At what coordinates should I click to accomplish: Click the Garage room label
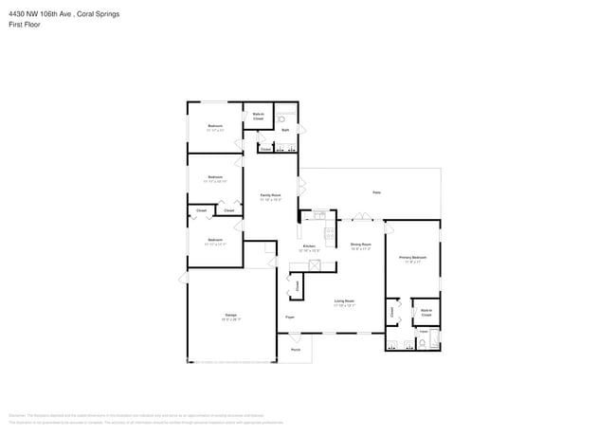pyautogui.click(x=231, y=315)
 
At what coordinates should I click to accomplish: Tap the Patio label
pyautogui.click(x=376, y=192)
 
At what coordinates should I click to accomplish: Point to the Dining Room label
pyautogui.click(x=360, y=245)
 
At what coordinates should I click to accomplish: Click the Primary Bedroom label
pyautogui.click(x=412, y=257)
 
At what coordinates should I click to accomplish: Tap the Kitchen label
pyautogui.click(x=309, y=246)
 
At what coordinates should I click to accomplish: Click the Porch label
pyautogui.click(x=295, y=349)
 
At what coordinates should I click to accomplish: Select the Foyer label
pyautogui.click(x=290, y=317)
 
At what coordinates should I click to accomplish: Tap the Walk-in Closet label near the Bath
pyautogui.click(x=258, y=116)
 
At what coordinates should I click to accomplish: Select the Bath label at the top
pyautogui.click(x=284, y=129)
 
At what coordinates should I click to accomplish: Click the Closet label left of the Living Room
pyautogui.click(x=297, y=284)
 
